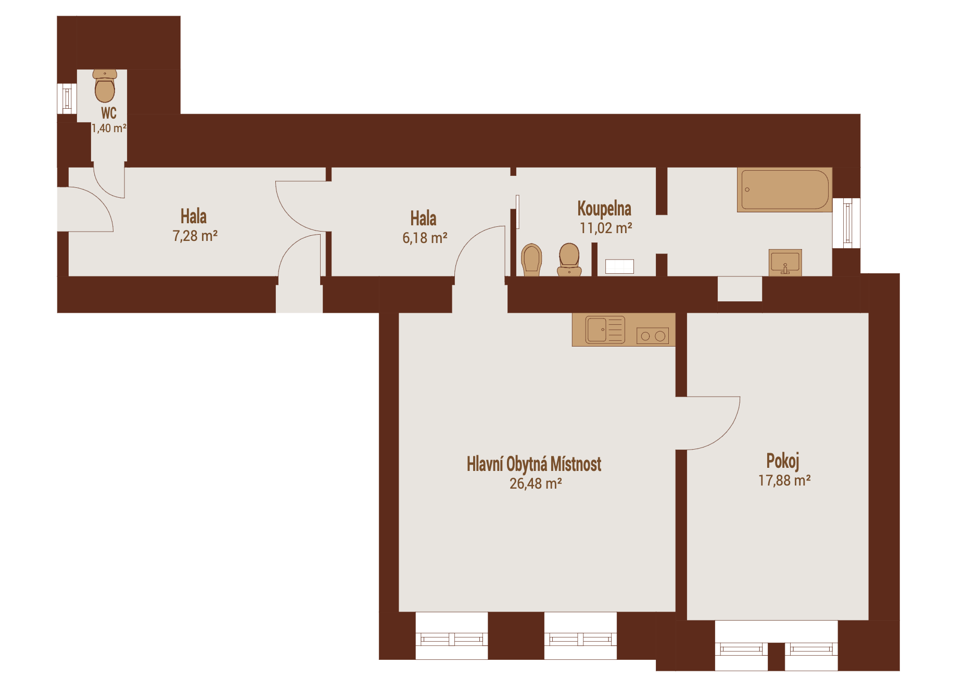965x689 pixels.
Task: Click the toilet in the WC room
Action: [105, 86]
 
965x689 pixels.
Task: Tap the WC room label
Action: [109, 113]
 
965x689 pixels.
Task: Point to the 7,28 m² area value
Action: [195, 236]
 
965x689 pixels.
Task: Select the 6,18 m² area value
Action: [425, 238]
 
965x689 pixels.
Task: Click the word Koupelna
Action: [604, 208]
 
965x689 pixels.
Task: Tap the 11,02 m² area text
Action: [606, 228]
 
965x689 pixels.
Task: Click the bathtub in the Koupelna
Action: [784, 190]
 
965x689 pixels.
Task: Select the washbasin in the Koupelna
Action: [785, 262]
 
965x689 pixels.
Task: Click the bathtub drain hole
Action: [747, 189]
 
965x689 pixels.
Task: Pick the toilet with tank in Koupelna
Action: [569, 259]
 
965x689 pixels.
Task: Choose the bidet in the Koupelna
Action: [531, 259]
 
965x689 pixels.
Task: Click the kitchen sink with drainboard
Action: [605, 329]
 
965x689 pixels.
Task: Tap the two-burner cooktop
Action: [653, 336]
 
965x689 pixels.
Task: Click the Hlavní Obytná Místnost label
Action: [534, 464]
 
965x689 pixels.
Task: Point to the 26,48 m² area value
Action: [536, 483]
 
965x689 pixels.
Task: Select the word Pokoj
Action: [783, 461]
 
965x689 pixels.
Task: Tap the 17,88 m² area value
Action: [784, 480]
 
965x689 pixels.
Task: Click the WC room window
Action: [67, 98]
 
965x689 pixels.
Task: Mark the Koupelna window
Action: [847, 223]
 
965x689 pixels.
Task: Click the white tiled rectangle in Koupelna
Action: [619, 266]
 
